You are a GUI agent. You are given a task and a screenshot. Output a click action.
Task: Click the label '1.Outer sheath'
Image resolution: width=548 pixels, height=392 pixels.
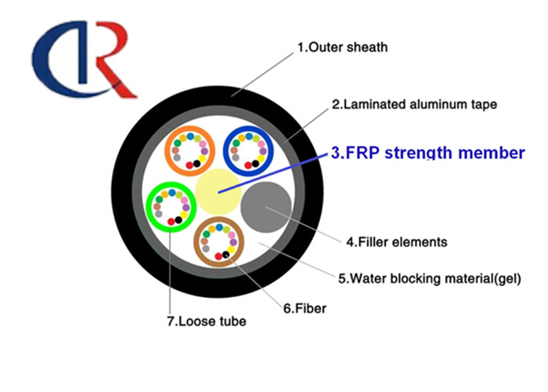(342, 49)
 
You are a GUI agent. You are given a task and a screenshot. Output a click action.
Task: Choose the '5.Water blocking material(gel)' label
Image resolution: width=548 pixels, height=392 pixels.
(429, 278)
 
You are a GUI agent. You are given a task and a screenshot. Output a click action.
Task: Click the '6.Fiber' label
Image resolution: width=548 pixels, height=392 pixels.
(304, 309)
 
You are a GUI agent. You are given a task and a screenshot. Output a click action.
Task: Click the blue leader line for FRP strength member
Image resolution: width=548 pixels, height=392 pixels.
(274, 171)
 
